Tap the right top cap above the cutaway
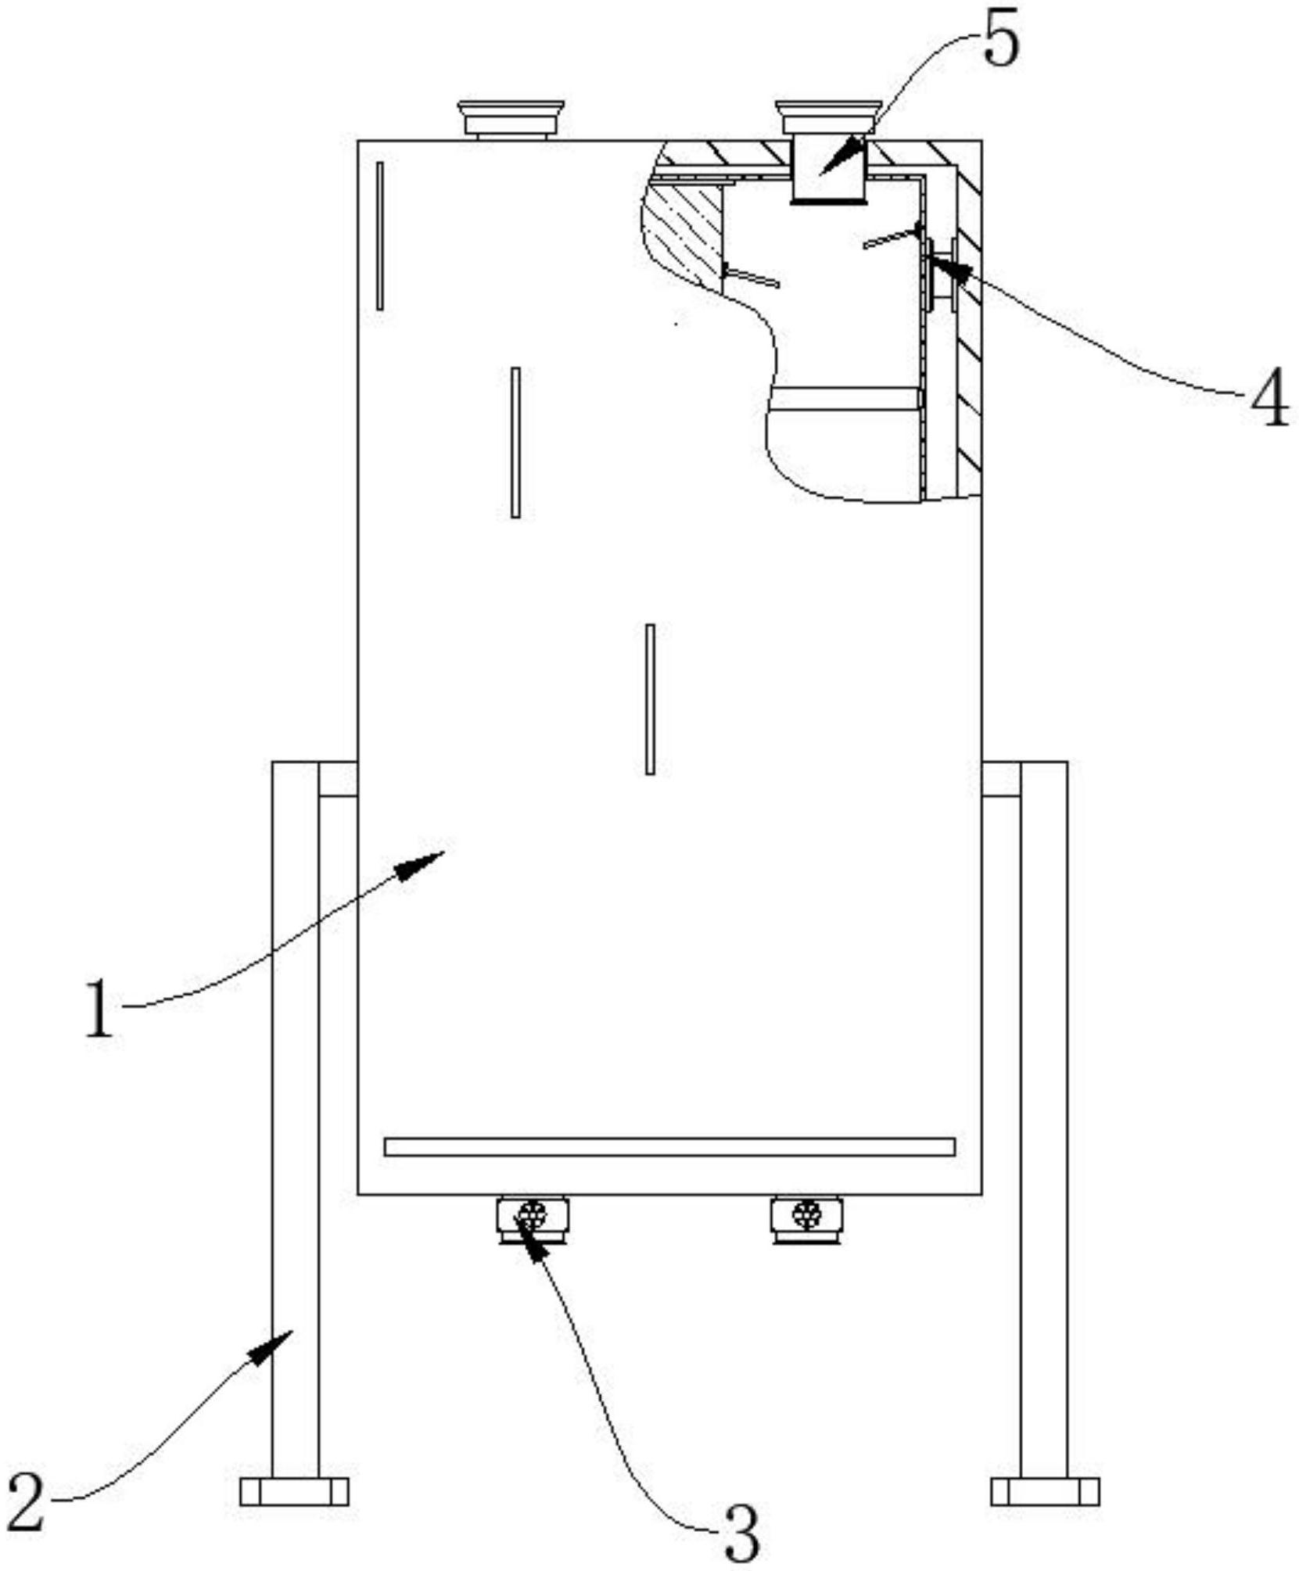click(x=828, y=117)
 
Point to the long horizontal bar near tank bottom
click(x=669, y=1146)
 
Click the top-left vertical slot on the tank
click(x=380, y=235)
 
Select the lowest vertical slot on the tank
click(x=650, y=699)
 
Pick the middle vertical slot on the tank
click(x=515, y=442)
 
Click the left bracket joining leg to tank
click(x=338, y=779)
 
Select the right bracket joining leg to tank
click(x=1001, y=779)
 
